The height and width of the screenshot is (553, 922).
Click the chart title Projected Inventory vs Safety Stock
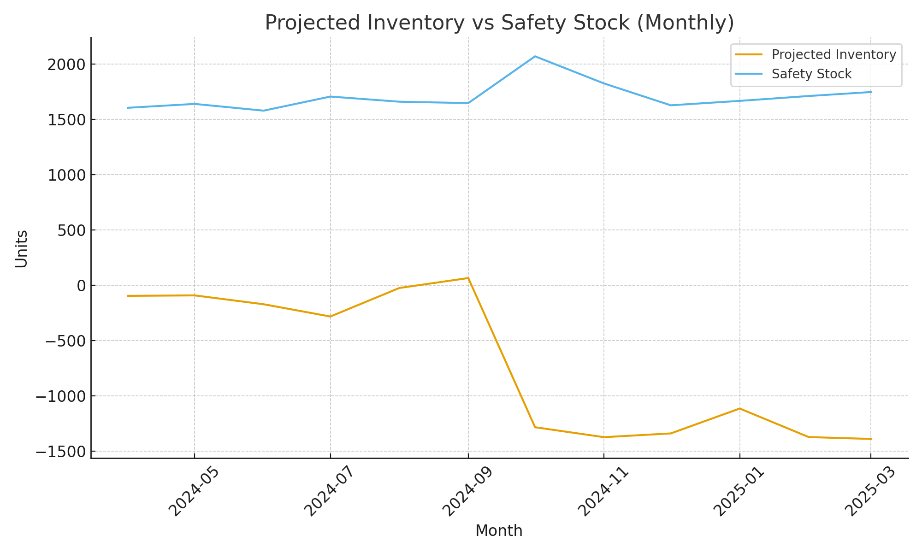tap(499, 23)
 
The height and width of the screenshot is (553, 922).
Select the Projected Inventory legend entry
tap(833, 55)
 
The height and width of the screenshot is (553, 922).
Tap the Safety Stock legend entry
tap(811, 74)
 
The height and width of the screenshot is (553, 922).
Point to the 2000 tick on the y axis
tap(66, 65)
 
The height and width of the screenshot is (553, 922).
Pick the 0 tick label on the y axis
tap(81, 286)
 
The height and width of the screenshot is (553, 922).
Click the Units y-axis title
tap(22, 249)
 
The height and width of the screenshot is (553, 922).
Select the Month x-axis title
tap(499, 531)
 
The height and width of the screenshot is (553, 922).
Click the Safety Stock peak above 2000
tap(535, 56)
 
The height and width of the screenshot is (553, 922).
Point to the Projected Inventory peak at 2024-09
tap(468, 278)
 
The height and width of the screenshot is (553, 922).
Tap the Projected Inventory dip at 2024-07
tap(330, 317)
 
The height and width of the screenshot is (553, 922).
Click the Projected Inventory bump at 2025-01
tap(739, 408)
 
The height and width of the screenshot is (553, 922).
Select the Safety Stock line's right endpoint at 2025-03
tap(870, 92)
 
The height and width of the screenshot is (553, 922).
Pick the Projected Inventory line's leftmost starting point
tap(127, 296)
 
